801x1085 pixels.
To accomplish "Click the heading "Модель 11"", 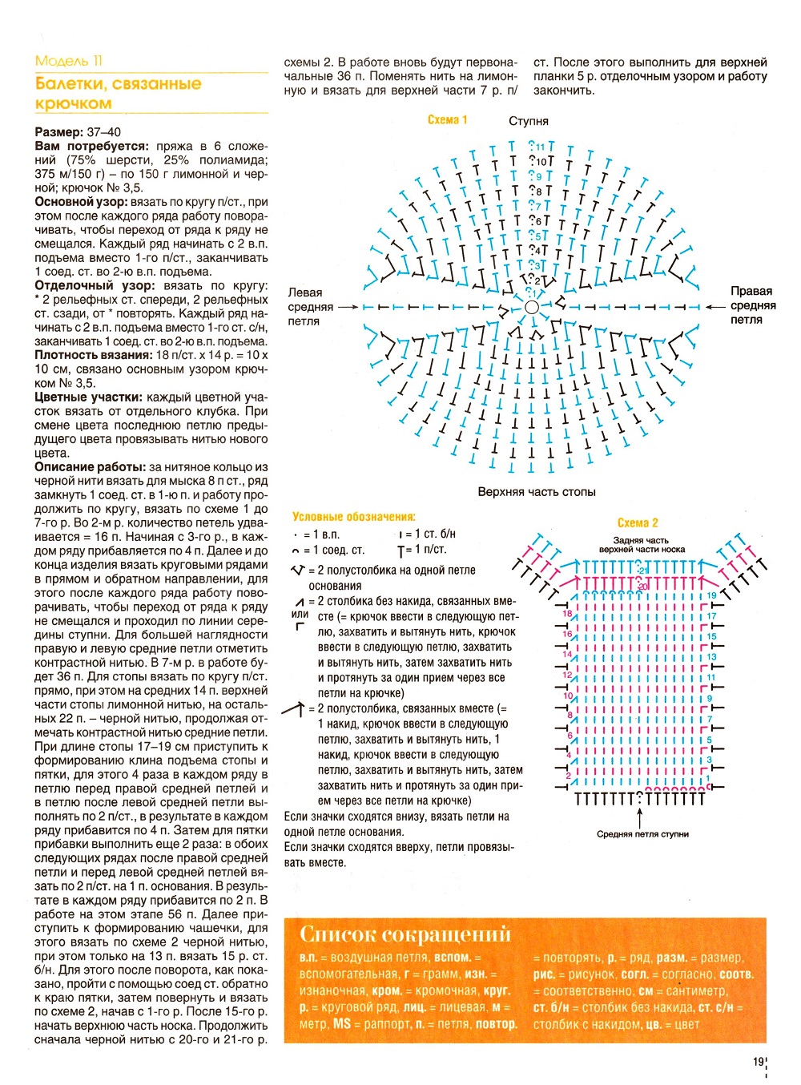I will click(x=69, y=61).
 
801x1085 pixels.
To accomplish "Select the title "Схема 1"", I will click(x=447, y=120).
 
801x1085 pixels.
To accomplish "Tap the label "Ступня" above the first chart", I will click(x=529, y=121).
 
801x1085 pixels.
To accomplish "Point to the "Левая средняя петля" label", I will click(x=310, y=307).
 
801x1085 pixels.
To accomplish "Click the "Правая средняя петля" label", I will click(x=751, y=305).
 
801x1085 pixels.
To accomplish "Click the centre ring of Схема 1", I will click(x=532, y=307).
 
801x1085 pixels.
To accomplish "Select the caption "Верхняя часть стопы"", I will click(x=537, y=491).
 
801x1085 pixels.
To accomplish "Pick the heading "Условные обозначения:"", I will click(x=353, y=517).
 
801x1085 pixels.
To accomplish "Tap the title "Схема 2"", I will click(x=638, y=522).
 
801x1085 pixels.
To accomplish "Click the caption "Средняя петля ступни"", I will click(x=642, y=834).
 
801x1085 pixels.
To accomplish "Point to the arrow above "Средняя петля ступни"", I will click(x=639, y=818).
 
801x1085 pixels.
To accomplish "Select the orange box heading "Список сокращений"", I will click(x=405, y=934).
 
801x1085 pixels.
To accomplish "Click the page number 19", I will click(x=758, y=1062).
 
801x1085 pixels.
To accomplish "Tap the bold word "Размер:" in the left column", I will click(x=58, y=132).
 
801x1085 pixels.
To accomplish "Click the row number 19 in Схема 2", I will click(x=711, y=595).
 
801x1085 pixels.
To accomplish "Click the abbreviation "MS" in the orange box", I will click(x=342, y=1023).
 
